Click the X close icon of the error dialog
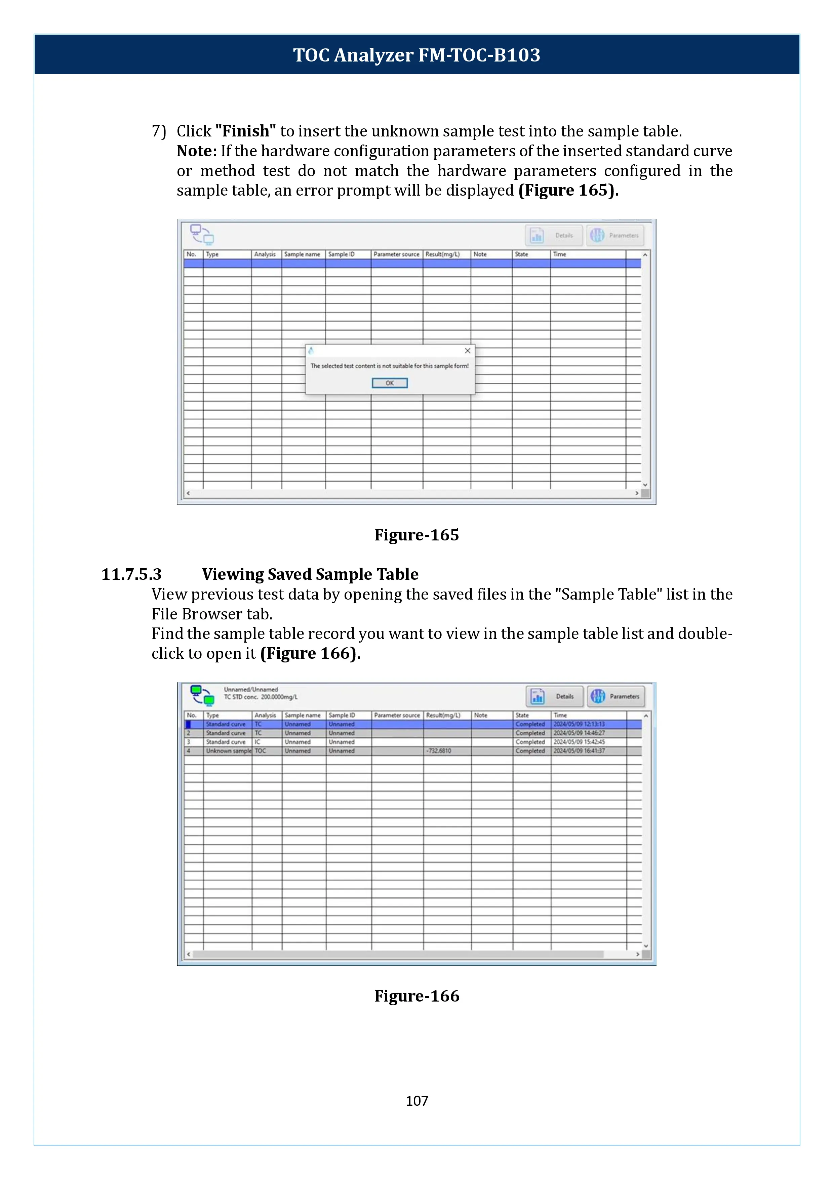pyautogui.click(x=467, y=351)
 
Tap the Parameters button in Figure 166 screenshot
pyautogui.click(x=616, y=696)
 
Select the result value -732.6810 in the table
pyautogui.click(x=439, y=751)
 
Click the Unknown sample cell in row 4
pyautogui.click(x=228, y=751)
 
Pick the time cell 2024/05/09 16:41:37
pyautogui.click(x=579, y=751)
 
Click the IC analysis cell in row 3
pyautogui.click(x=258, y=742)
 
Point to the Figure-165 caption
pyautogui.click(x=416, y=535)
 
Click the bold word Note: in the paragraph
pyautogui.click(x=197, y=151)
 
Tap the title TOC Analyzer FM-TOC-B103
pyautogui.click(x=416, y=55)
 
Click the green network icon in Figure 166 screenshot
pyautogui.click(x=202, y=695)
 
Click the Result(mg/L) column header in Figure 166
pyautogui.click(x=443, y=715)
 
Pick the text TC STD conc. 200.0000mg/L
pyautogui.click(x=261, y=697)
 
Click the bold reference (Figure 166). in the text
pyautogui.click(x=310, y=654)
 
